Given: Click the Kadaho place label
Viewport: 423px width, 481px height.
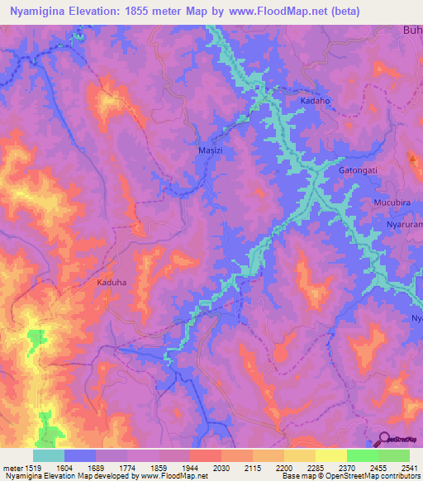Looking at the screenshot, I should click(x=315, y=101).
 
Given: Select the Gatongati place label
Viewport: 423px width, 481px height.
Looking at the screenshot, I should click(x=358, y=170).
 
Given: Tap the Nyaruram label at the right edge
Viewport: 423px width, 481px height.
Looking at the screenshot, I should click(x=405, y=225).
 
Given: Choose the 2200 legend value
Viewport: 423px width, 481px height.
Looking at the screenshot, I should click(x=284, y=467).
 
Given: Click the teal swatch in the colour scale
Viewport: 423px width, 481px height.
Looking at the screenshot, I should click(x=49, y=455).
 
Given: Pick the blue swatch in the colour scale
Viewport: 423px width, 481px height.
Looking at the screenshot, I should click(x=80, y=455).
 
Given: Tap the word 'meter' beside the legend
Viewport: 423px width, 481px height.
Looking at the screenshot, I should click(x=13, y=467).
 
